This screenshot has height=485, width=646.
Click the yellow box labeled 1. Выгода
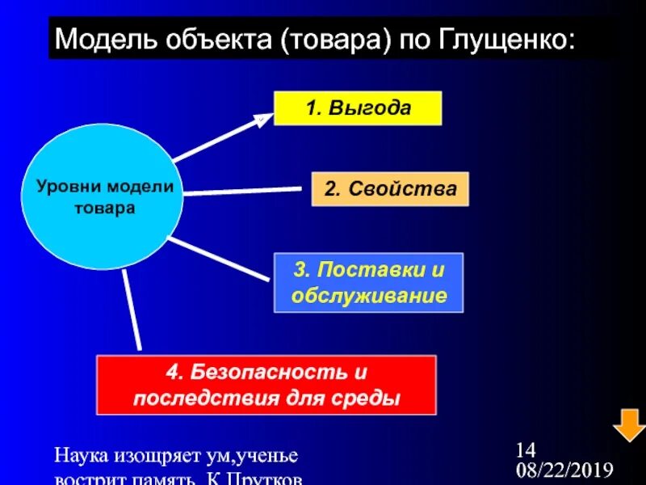coord(358,108)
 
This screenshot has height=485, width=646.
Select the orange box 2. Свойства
coord(389,188)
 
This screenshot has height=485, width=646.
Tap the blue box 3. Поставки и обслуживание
coord(369,282)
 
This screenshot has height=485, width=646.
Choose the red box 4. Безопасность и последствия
coord(266,385)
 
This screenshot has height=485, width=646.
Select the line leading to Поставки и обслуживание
coord(218,259)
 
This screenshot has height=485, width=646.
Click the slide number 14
coord(526,449)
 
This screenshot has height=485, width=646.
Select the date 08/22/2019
coord(565,470)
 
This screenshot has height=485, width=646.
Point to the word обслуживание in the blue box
coord(369,295)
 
